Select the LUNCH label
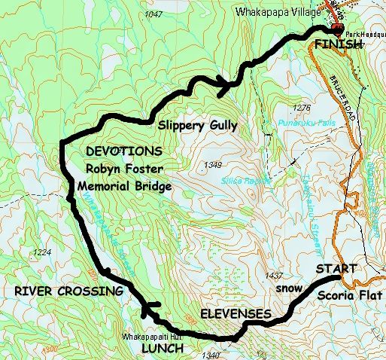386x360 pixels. pyautogui.click(x=163, y=349)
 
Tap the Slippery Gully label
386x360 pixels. pyautogui.click(x=197, y=124)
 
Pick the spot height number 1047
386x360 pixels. pyautogui.click(x=155, y=14)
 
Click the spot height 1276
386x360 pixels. pyautogui.click(x=304, y=107)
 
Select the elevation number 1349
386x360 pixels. pyautogui.click(x=214, y=164)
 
